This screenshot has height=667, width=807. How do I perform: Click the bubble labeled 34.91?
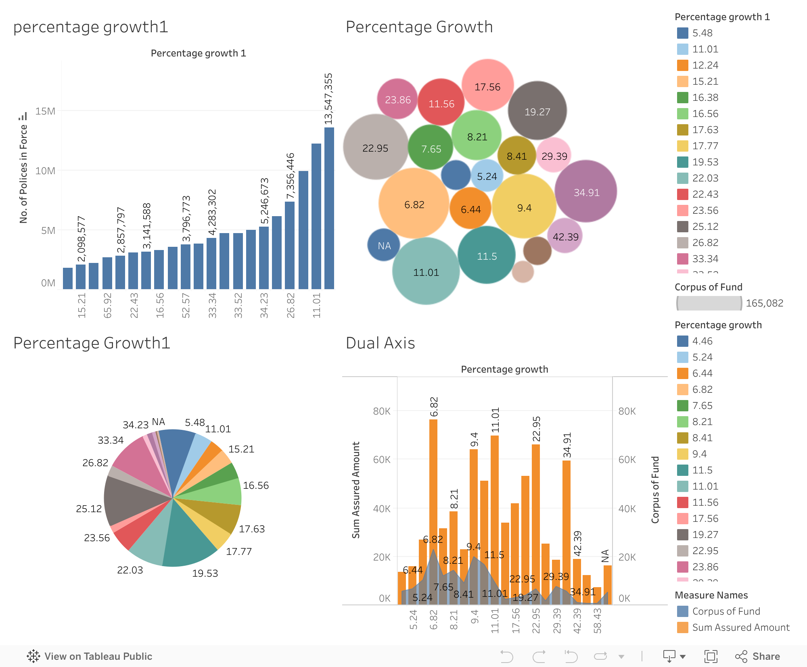(x=586, y=192)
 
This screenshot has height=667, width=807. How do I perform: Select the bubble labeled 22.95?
(x=375, y=147)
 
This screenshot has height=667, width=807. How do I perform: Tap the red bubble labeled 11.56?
(x=441, y=103)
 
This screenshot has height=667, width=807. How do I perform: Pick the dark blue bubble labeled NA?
(x=383, y=245)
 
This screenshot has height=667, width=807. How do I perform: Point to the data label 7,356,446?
(x=291, y=176)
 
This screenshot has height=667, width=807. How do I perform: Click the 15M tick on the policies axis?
(x=45, y=111)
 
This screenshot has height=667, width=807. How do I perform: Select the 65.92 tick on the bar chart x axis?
(x=108, y=305)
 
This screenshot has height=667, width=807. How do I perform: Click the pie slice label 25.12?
(x=89, y=509)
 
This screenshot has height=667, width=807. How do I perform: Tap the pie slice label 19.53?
(x=205, y=573)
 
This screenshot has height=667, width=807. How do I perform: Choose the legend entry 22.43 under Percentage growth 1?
(x=705, y=194)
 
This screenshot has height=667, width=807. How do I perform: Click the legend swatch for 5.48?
(x=682, y=33)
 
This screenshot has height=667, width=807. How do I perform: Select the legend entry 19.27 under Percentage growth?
(x=705, y=535)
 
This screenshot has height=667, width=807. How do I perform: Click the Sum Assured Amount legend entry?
(x=740, y=627)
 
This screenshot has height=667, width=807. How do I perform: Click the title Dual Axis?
(x=380, y=343)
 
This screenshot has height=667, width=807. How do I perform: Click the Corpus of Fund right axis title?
(x=655, y=490)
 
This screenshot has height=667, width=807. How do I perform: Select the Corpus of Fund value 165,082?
(x=764, y=303)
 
